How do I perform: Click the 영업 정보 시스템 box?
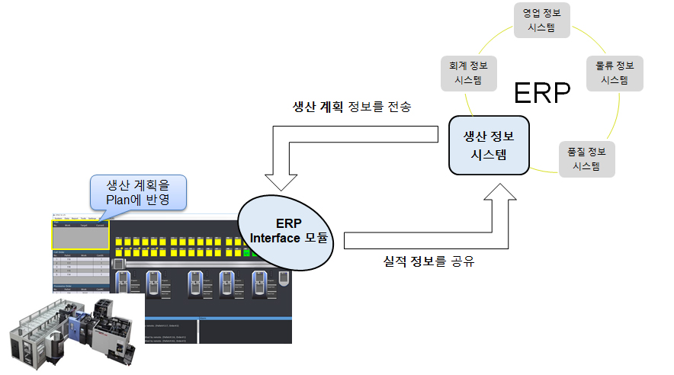[x=541, y=21]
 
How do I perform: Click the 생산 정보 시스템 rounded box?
[x=489, y=145]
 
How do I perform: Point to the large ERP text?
[x=541, y=93]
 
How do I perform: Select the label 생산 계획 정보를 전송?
[x=351, y=107]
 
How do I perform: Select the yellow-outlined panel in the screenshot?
[x=80, y=236]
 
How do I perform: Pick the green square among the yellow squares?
[x=247, y=251]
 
